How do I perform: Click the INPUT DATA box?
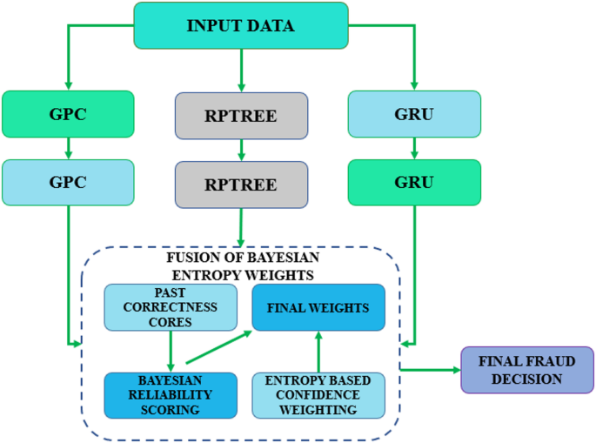pos(241,25)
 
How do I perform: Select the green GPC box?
pos(68,114)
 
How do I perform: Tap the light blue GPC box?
pos(68,182)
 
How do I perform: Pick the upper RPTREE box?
pos(241,116)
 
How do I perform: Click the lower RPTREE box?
pos(241,185)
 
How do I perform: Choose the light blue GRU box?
pos(413,114)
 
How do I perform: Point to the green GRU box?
pos(413,182)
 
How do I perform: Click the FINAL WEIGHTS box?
pos(318,307)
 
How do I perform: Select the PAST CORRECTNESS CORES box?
pos(171,307)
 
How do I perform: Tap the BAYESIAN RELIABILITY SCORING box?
pos(171,395)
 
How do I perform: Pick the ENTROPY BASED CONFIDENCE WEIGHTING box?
pos(318,395)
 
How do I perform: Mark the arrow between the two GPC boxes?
pos(68,148)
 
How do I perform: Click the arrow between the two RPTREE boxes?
pos(241,150)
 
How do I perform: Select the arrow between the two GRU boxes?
pos(413,148)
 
